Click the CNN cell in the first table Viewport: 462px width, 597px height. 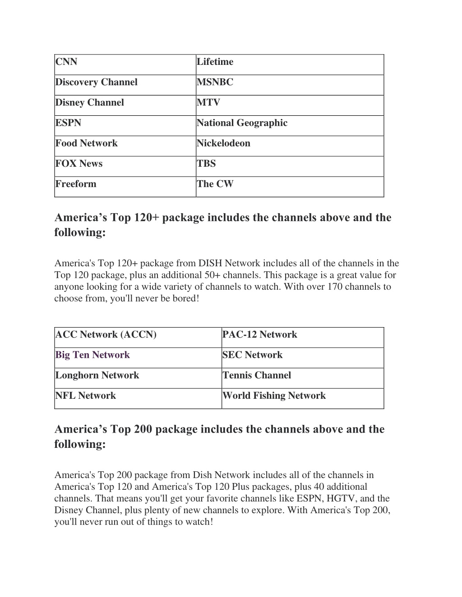coord(66,62)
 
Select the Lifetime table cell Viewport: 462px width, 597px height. coord(215,62)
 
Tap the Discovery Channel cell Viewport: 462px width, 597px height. coord(96,82)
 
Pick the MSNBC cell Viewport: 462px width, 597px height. coord(215,82)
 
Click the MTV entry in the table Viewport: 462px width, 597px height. coord(208,103)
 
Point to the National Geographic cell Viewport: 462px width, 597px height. coord(242,123)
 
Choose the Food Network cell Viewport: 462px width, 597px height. coord(86,143)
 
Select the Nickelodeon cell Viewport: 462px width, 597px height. coord(223,143)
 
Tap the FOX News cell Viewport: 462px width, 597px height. coord(79,164)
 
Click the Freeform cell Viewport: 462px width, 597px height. coord(76,184)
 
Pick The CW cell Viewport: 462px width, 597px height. coord(215,184)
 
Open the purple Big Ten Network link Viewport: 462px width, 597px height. coord(92,355)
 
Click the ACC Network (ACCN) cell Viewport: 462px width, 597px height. coord(106,335)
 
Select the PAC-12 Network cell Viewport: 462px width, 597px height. coord(259,335)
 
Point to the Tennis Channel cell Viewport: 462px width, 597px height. coord(257,375)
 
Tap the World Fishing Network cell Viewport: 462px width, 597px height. coord(274,396)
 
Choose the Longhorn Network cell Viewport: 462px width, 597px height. coord(97,375)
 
